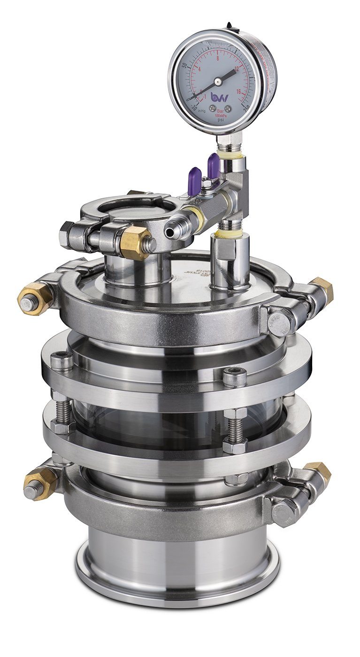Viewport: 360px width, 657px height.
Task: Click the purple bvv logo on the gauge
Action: (x=219, y=98)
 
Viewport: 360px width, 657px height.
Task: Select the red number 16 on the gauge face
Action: (x=238, y=92)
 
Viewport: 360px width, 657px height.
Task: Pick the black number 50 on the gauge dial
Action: (x=184, y=66)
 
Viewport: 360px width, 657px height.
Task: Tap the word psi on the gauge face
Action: (x=220, y=120)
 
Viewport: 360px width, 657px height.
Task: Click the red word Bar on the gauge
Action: (x=219, y=111)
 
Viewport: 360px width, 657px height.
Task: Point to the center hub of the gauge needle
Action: (x=218, y=82)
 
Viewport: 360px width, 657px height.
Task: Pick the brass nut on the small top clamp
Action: (x=135, y=242)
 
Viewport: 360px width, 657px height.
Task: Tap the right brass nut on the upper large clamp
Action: (x=322, y=289)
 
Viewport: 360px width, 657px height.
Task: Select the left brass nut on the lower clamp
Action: (x=40, y=482)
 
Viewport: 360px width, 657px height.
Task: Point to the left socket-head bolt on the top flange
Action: (x=61, y=361)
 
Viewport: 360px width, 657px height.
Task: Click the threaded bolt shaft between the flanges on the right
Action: (x=235, y=429)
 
